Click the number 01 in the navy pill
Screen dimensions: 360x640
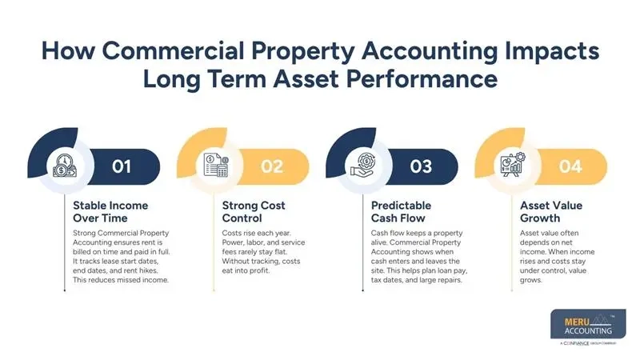121,166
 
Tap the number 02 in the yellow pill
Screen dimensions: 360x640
273,166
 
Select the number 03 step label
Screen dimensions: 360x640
421,166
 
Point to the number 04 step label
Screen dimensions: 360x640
571,166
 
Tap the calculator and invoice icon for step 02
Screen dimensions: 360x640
214,166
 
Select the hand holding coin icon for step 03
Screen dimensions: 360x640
362,166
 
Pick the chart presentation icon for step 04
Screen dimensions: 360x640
513,166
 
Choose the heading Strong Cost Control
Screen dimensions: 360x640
254,211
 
